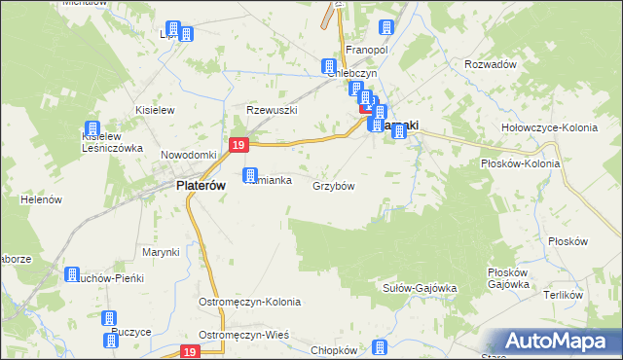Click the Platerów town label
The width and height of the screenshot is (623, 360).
[201, 185]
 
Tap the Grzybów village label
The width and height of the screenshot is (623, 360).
[333, 185]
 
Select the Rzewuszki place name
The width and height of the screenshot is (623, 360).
[271, 110]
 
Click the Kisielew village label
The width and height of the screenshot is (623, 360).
[155, 110]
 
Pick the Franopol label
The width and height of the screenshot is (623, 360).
[367, 49]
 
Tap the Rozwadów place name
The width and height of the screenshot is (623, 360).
[491, 64]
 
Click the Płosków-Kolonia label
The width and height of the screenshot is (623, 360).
[521, 163]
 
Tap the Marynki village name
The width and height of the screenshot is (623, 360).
[161, 252]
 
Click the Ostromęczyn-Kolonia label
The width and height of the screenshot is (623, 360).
[250, 302]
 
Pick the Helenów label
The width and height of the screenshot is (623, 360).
[41, 199]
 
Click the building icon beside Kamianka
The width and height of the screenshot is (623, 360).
[250, 176]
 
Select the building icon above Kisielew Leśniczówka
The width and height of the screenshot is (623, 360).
[93, 128]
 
